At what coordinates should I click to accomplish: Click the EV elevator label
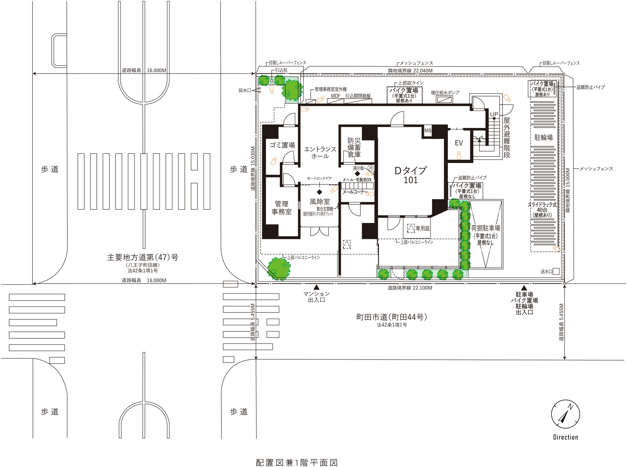coord(459,143)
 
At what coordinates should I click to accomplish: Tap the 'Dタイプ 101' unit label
coord(411,175)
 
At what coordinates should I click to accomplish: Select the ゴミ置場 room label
coord(282,145)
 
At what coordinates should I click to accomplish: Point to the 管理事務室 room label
coord(282,208)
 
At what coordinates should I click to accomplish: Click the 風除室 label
coord(320,202)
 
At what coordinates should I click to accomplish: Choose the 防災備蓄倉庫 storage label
coord(354,147)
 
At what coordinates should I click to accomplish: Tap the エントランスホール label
coord(320,153)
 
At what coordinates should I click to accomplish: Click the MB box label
coord(428,130)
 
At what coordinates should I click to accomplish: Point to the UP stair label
coord(494,114)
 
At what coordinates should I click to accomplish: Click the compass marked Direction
coord(565,414)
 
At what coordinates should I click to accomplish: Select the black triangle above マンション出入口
coord(317,287)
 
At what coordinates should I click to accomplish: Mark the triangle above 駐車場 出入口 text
coord(524,288)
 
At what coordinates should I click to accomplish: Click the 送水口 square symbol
coord(556,271)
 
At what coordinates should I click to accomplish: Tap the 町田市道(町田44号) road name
coord(392,317)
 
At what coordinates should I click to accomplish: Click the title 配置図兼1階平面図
coord(297,463)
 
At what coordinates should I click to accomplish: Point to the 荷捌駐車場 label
coord(486,228)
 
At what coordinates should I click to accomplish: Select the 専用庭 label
coord(423,228)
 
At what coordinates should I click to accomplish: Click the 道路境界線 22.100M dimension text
coord(410,288)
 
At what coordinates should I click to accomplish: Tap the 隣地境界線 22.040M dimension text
coord(410,71)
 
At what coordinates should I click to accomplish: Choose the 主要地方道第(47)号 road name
coord(143,257)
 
